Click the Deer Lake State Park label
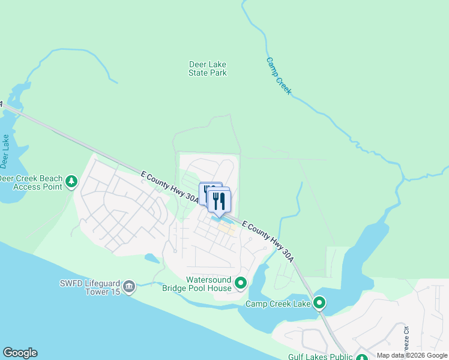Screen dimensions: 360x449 pos(208,68)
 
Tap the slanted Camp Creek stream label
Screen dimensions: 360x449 pos(279,76)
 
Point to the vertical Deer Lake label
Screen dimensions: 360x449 pos(5,151)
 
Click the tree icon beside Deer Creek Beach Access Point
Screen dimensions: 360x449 pos(71,181)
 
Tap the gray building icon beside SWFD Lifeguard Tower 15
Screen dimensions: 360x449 pos(128,288)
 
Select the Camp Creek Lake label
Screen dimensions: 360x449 pos(278,304)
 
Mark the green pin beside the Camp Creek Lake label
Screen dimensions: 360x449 pos(320,303)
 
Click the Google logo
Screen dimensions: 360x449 pos(20,353)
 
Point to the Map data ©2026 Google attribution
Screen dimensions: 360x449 pos(412,355)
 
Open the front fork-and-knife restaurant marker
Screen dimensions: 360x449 pos(219,200)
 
